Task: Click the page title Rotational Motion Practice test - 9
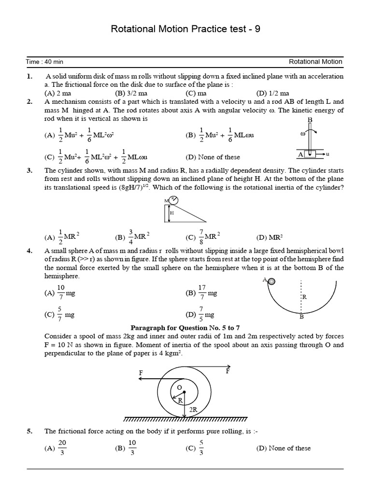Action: point(185,29)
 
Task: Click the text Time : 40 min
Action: point(45,62)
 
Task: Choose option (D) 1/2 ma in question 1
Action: point(273,93)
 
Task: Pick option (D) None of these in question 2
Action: point(213,157)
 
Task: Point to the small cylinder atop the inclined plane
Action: point(172,199)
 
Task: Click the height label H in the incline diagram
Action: point(171,212)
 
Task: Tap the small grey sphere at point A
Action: point(271,281)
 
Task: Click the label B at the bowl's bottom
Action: point(301,317)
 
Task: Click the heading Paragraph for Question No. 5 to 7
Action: point(185,327)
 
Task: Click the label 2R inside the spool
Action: point(193,409)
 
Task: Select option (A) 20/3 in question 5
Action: point(57,448)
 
